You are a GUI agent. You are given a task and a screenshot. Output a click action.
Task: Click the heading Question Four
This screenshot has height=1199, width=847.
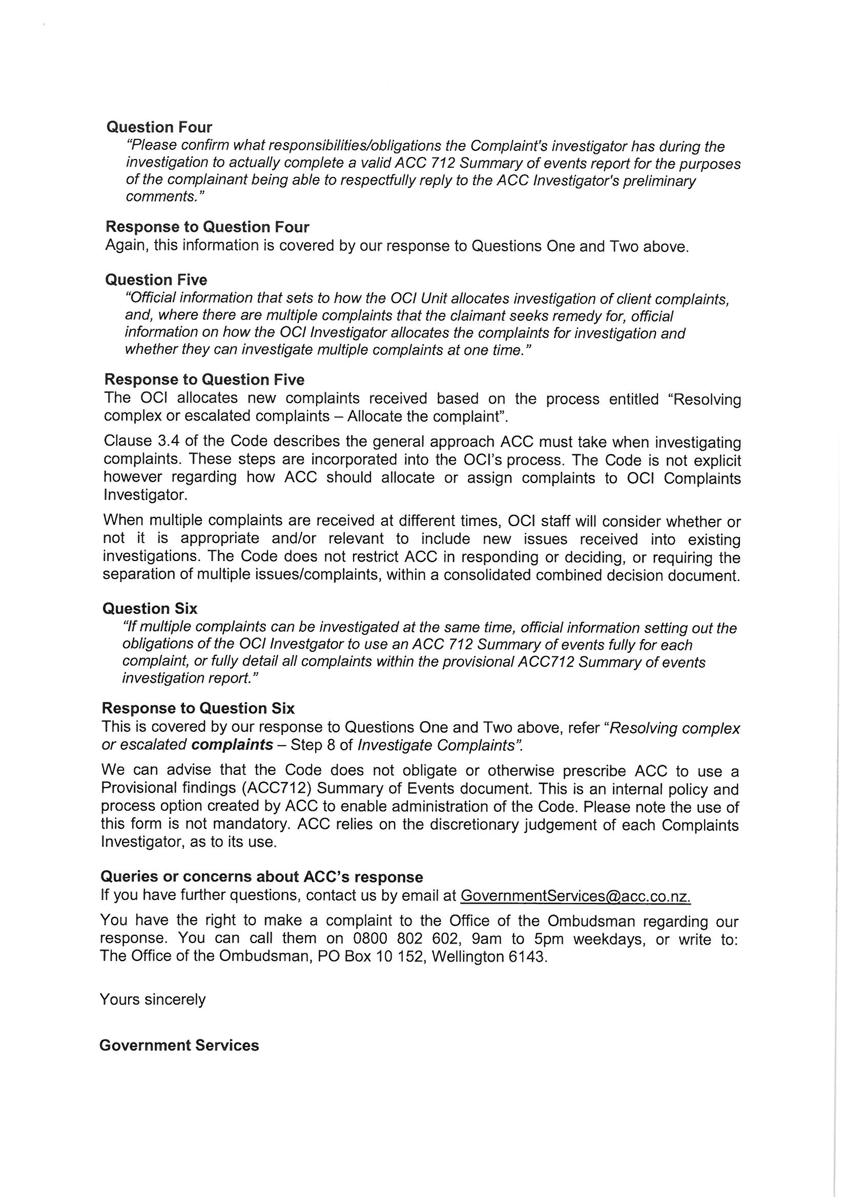tap(159, 127)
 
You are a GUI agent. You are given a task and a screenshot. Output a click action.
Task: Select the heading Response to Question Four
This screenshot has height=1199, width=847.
tap(207, 227)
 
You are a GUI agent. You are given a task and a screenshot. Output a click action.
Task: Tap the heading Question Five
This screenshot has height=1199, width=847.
tap(156, 281)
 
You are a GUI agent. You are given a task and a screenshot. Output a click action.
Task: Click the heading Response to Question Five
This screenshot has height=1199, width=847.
tap(204, 379)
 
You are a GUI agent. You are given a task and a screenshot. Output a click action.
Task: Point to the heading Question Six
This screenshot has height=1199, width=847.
tap(150, 609)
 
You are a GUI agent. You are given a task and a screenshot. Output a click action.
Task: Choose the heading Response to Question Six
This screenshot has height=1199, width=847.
tap(198, 709)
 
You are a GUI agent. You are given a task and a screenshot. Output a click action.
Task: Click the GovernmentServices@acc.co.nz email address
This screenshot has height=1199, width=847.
tap(575, 896)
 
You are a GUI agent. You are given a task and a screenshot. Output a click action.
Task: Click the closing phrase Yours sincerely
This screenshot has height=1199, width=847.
tap(152, 1000)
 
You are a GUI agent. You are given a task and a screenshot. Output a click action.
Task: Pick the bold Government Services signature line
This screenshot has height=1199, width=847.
tap(179, 1046)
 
